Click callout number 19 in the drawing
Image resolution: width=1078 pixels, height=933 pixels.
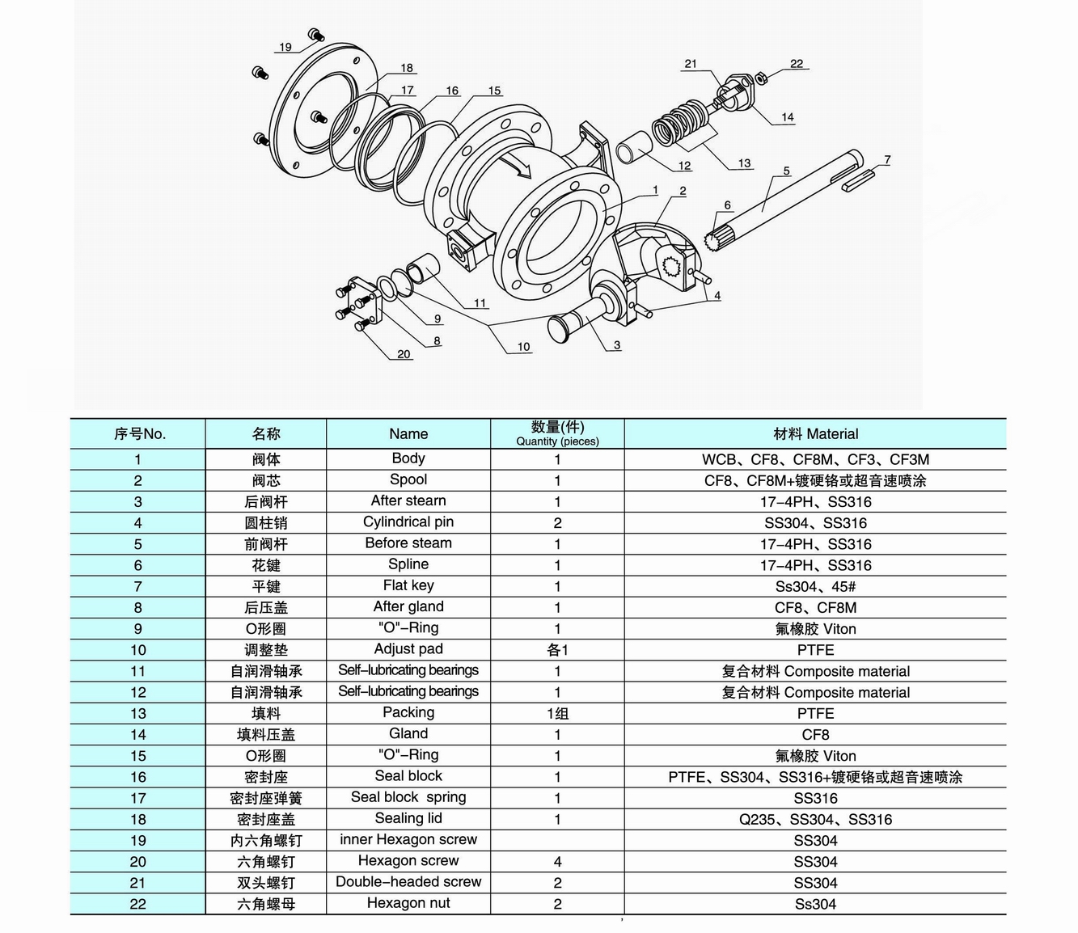point(285,47)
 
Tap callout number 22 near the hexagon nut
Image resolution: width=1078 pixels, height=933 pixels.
point(797,64)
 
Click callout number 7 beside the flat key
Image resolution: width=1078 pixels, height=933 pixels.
point(887,160)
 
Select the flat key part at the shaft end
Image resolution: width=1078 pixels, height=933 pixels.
point(859,181)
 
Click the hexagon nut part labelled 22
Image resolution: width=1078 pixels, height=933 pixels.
point(761,78)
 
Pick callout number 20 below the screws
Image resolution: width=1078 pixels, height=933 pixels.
point(404,354)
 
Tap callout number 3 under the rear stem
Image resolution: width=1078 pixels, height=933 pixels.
point(617,345)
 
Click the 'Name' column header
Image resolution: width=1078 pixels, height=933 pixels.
point(408,434)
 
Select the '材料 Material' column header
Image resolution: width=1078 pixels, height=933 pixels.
point(815,434)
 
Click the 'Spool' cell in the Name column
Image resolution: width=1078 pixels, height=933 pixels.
point(408,480)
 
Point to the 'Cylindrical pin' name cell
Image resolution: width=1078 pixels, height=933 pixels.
point(408,522)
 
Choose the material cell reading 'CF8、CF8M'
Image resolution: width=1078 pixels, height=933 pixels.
point(815,607)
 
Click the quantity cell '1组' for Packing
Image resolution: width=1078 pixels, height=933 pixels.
point(557,714)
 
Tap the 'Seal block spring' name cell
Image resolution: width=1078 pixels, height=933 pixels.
point(408,797)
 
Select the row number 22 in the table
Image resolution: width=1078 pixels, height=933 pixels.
point(138,904)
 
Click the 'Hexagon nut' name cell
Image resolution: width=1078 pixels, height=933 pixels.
point(408,903)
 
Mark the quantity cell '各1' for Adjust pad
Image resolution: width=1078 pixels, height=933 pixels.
point(557,650)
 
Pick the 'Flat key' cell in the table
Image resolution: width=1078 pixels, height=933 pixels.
point(408,585)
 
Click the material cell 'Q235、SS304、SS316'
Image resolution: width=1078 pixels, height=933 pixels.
point(815,819)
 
